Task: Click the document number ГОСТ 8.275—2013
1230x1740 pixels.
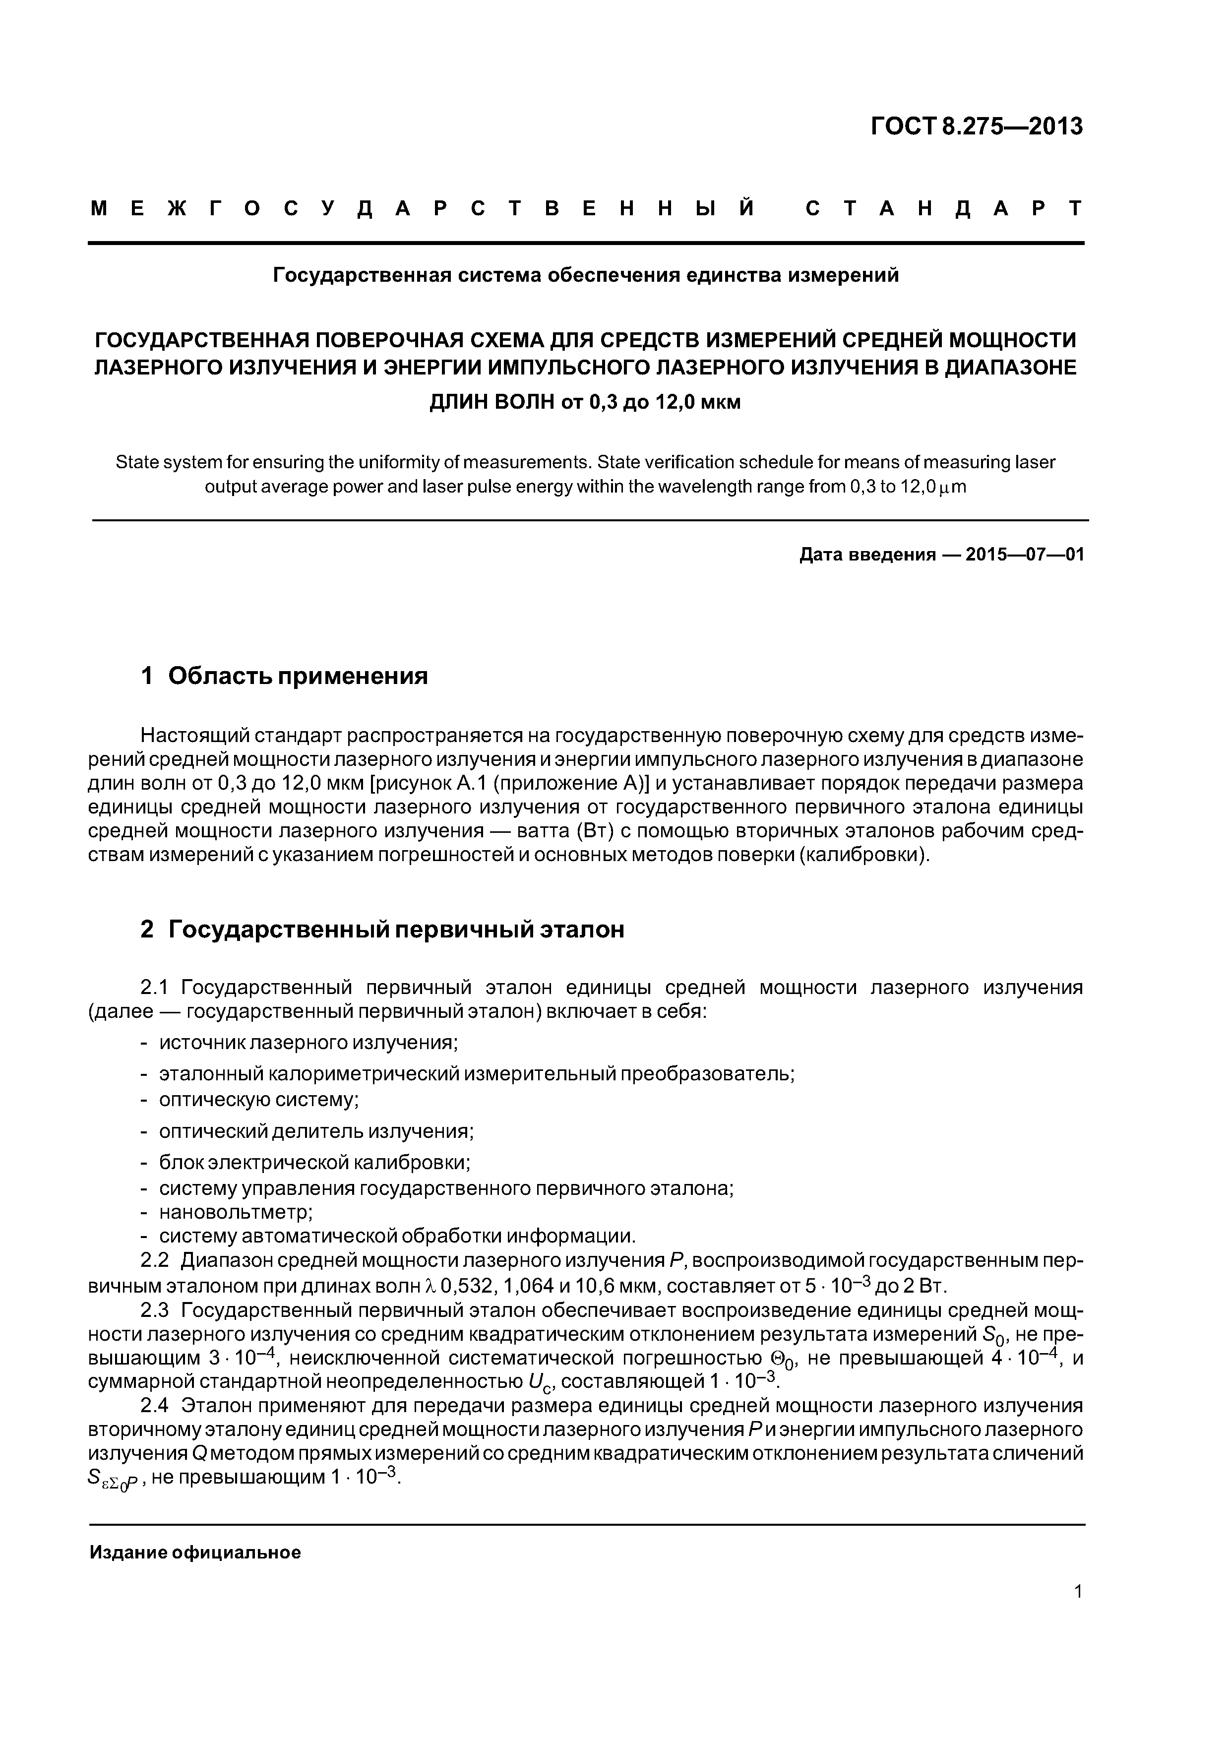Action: coord(976,126)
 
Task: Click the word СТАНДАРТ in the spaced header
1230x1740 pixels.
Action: coord(943,208)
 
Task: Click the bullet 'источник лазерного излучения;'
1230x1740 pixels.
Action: coord(308,1043)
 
